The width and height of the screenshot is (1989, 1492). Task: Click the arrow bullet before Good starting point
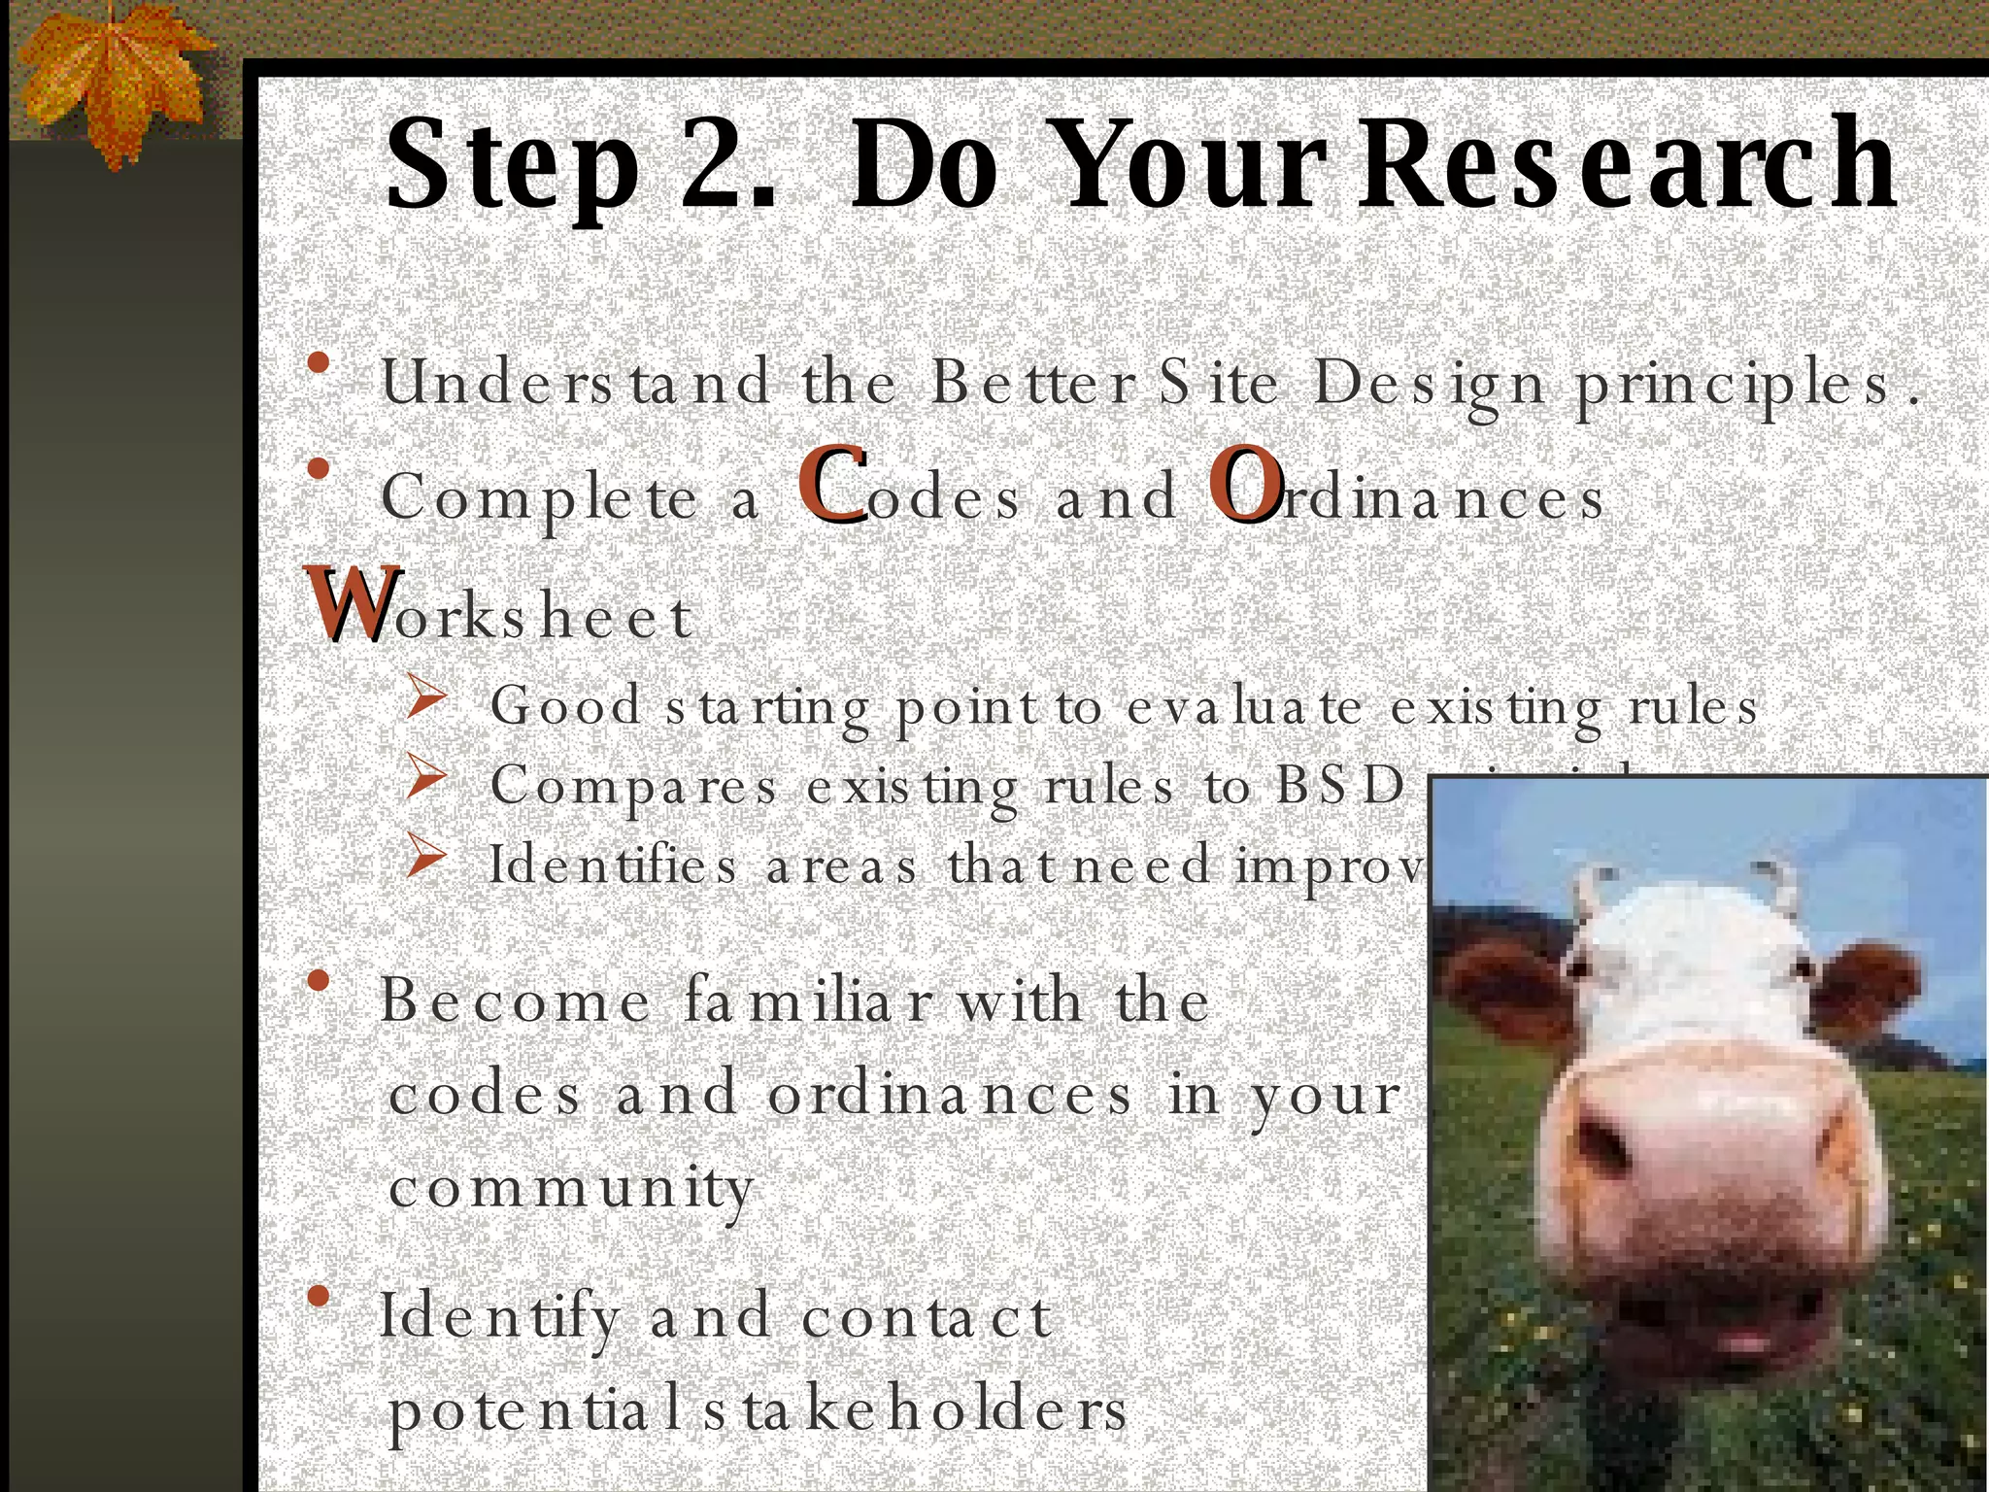coord(425,698)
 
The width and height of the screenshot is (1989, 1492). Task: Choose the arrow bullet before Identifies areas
coord(425,858)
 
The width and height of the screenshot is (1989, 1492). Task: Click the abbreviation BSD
coord(1340,785)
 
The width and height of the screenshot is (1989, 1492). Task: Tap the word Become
coord(515,1000)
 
